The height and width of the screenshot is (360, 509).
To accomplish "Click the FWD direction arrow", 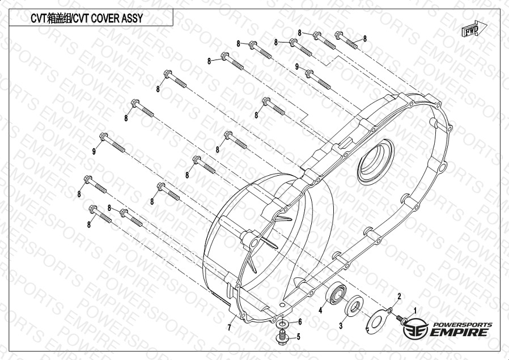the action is click(x=474, y=29).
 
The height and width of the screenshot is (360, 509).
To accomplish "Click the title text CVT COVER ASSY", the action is click(x=108, y=18).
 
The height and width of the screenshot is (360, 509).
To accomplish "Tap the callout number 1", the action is click(x=414, y=311).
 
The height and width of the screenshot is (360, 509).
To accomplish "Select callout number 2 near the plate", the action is click(x=399, y=296).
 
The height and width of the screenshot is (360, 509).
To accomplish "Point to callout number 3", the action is click(x=341, y=325).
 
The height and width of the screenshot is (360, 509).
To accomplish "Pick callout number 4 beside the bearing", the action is click(x=320, y=310).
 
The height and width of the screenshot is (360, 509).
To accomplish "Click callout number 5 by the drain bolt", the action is click(x=298, y=337).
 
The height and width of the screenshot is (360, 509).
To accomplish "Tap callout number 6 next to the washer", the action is click(x=300, y=321).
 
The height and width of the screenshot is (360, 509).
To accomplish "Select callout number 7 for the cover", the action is click(x=229, y=328).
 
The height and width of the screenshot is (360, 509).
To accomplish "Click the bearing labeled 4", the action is click(x=336, y=294).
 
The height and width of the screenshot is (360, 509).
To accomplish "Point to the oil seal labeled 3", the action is click(x=354, y=306).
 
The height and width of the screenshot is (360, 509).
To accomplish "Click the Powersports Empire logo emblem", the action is click(x=415, y=328).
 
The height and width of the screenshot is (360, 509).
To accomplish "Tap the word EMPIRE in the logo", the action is click(x=459, y=332).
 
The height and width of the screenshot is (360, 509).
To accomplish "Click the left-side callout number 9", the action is click(x=94, y=151).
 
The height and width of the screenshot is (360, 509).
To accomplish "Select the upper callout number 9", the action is click(x=296, y=66).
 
